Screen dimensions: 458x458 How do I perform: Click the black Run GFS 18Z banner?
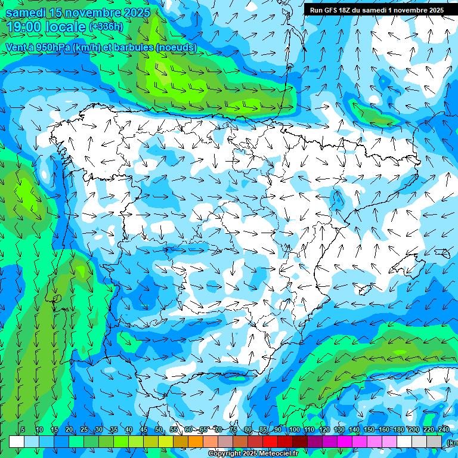376,10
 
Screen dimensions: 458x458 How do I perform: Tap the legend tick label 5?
23,429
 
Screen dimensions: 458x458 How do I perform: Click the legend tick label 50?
158,429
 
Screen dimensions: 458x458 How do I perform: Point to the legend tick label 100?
295,429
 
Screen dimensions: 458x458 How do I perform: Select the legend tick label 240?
444,429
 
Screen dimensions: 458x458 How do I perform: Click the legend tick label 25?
83,429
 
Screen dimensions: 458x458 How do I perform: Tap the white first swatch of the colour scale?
17,441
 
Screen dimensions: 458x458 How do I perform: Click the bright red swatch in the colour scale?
270,441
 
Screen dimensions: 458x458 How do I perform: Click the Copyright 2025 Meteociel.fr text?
253,454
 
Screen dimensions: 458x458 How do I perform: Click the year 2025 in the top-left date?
134,13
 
